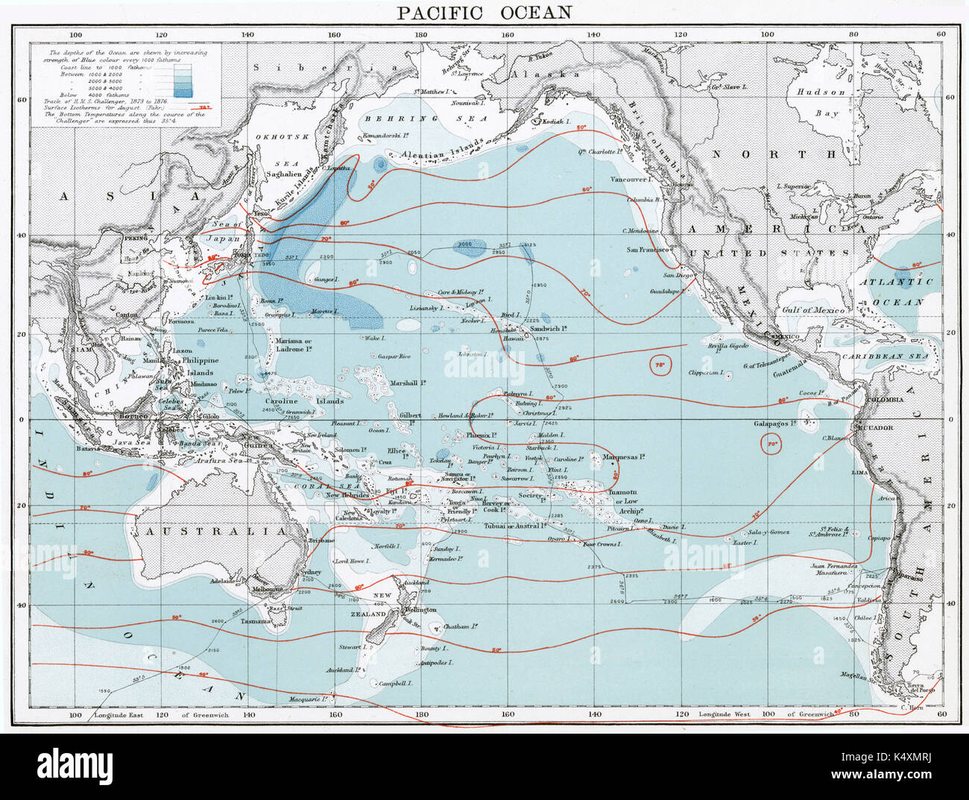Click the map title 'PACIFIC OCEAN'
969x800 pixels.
[484, 12]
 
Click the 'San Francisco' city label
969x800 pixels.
[647, 250]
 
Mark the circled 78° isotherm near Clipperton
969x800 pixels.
[660, 365]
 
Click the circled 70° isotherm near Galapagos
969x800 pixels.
[771, 445]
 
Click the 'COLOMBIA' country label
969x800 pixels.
[886, 400]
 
